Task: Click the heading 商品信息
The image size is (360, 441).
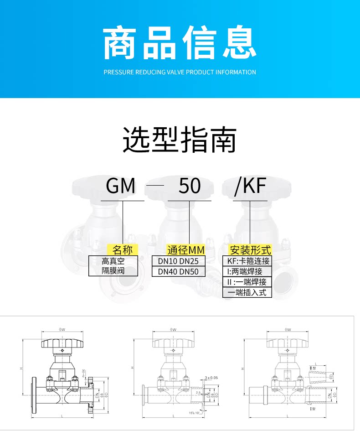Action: [x=180, y=43]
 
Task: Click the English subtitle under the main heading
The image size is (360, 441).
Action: [x=180, y=72]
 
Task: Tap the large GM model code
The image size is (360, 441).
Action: [x=121, y=186]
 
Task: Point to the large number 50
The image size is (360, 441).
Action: [x=190, y=186]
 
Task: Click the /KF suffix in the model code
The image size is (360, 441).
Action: [x=250, y=186]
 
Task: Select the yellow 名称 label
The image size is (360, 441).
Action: [x=122, y=250]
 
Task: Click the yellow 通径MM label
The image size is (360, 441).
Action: [x=186, y=250]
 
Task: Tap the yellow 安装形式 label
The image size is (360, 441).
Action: [x=250, y=250]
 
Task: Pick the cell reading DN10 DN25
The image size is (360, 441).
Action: [x=179, y=261]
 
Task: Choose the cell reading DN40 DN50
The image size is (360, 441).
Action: [x=179, y=272]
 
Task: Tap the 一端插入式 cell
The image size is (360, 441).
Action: [x=247, y=293]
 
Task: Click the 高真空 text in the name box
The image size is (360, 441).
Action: [x=113, y=261]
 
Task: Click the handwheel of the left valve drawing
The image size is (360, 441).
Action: [x=60, y=342]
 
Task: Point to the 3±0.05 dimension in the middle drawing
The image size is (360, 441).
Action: [x=212, y=378]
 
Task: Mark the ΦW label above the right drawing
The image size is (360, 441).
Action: [x=287, y=329]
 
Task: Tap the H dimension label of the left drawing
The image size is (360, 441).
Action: [x=22, y=368]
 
